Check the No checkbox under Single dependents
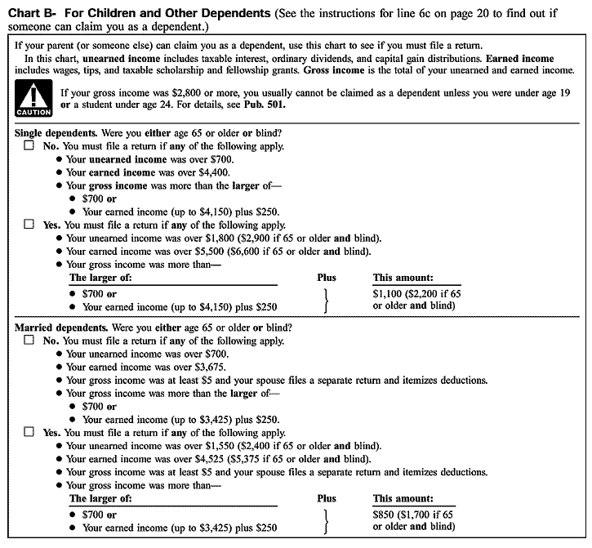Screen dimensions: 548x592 [29, 146]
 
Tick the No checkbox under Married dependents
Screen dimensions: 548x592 [29, 341]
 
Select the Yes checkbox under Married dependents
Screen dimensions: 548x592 [29, 433]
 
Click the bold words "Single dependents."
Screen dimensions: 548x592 [55, 133]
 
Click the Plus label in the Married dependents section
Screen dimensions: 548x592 [327, 498]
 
